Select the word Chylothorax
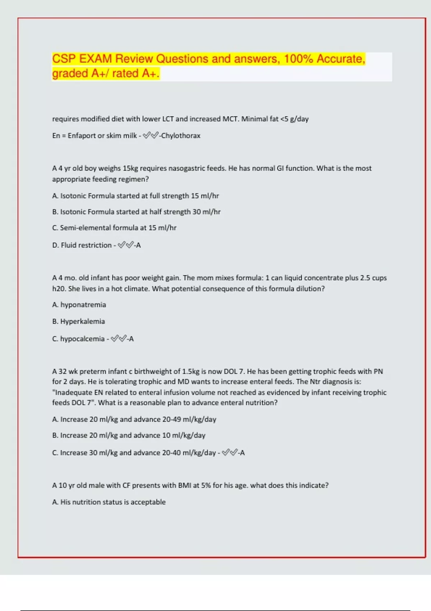[x=181, y=136]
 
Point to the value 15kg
[x=130, y=168]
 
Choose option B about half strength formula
[x=136, y=212]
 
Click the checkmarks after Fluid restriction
[x=125, y=245]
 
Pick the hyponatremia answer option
[x=83, y=305]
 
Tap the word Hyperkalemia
[x=82, y=321]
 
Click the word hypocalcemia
[x=82, y=339]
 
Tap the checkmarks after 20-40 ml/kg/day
[x=230, y=453]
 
